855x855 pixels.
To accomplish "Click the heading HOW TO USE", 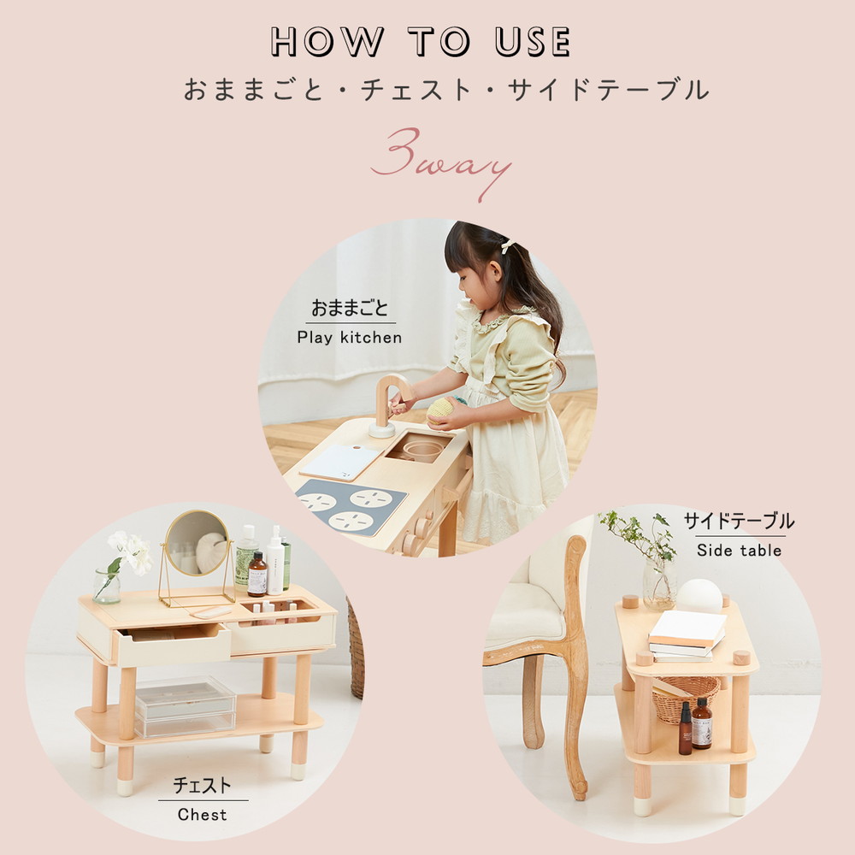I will tap(420, 42).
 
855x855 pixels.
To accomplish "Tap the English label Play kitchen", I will tap(349, 337).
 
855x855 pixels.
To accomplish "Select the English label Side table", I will tap(739, 551).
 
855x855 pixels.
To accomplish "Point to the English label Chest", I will tap(203, 815).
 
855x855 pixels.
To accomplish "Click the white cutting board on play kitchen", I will tap(340, 462).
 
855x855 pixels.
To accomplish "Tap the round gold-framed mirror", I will tap(197, 544).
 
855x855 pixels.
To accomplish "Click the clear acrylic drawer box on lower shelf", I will tap(185, 705).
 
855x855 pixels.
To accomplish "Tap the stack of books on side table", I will tap(686, 636).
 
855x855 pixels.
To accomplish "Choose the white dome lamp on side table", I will tap(699, 595).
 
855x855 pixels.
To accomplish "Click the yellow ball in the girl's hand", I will tap(440, 408).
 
